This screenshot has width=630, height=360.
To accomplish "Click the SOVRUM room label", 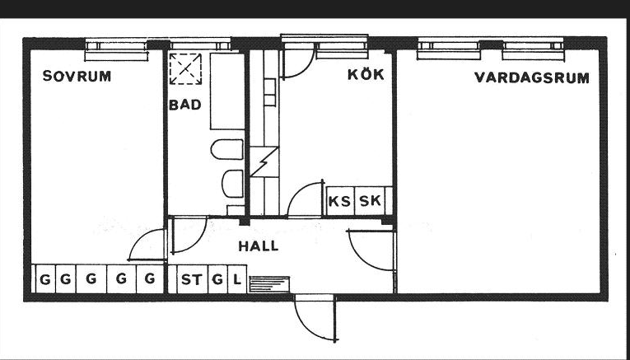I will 77,77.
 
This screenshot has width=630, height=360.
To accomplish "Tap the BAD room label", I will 185,105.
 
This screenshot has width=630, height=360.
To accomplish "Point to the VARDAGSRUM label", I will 531,78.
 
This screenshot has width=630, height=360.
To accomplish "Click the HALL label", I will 258,245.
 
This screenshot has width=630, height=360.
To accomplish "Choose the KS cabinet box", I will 339,200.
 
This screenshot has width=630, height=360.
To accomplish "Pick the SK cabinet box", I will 370,200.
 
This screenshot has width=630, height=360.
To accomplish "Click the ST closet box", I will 190,279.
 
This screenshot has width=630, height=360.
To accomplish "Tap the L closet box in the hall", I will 236,279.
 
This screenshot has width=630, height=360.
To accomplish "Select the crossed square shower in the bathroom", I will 184,68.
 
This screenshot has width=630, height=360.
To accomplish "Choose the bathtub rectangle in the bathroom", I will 226,91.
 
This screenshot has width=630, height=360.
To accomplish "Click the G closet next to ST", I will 217,279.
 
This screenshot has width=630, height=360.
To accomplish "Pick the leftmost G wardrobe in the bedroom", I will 43,279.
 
